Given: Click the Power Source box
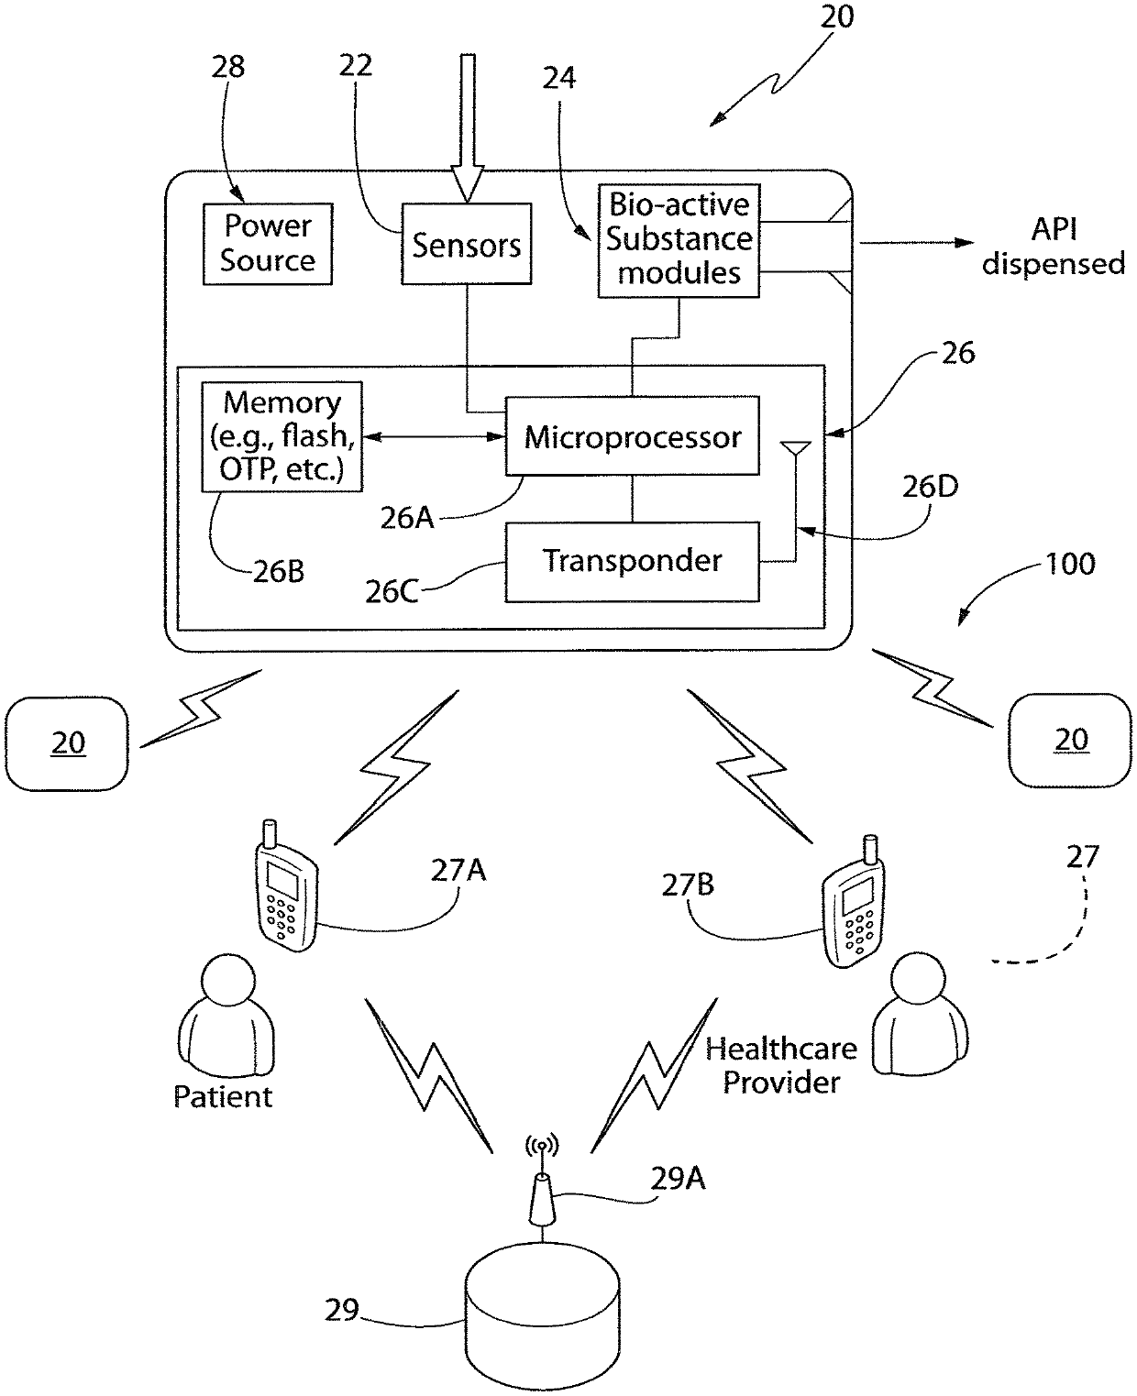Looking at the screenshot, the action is [268, 244].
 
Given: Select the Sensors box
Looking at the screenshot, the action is [466, 244].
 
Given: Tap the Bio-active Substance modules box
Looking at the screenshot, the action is [679, 240].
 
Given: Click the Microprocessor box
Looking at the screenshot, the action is [632, 435].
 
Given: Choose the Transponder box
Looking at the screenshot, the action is [632, 562].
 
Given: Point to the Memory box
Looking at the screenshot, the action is [281, 436].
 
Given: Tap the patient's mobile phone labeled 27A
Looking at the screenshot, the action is [286, 886].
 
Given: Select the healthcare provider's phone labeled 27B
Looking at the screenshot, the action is [853, 902].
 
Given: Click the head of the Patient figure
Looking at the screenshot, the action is [227, 981].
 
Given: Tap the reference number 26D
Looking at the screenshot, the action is [930, 487].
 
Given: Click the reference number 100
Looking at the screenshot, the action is [1070, 564].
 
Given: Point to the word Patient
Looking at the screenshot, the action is [223, 1096].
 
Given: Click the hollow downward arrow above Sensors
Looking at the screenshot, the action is [468, 127].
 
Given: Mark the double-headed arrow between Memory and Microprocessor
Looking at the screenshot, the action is [434, 436].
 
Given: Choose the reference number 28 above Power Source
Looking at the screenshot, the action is [227, 66].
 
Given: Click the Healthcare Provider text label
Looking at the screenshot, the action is [781, 1065].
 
